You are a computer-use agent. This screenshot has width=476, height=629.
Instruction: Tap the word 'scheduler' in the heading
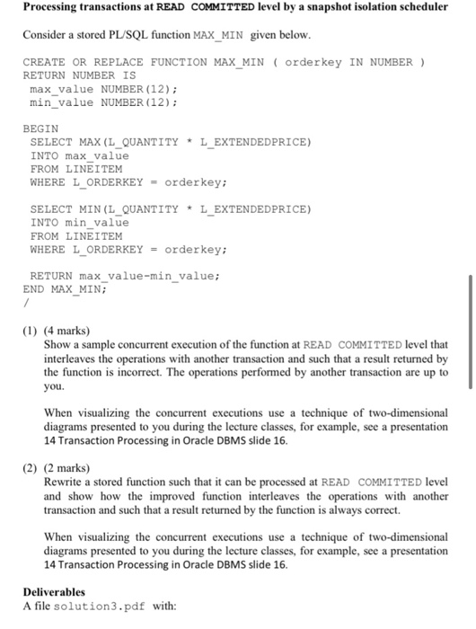click(x=417, y=7)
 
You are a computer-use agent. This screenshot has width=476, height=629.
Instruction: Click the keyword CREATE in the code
click(x=43, y=62)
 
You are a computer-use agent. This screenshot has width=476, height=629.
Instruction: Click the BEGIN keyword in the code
click(x=40, y=128)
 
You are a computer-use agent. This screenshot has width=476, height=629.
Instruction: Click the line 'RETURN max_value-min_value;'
click(x=124, y=276)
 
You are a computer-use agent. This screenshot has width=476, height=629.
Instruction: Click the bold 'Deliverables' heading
click(x=54, y=592)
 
